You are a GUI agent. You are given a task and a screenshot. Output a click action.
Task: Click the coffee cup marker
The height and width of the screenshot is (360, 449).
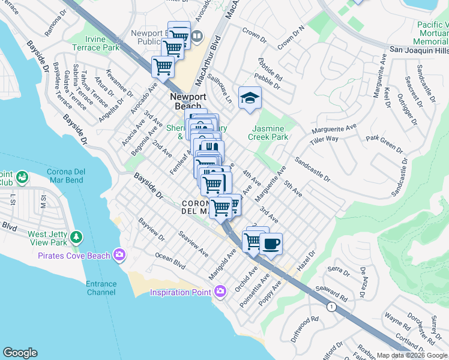271,243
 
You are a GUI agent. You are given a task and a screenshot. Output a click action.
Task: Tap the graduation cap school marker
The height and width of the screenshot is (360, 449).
250,98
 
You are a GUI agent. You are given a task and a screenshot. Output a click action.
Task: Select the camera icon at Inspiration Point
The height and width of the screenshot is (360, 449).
220,292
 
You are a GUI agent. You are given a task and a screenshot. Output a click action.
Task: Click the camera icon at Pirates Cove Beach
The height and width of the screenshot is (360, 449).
120,256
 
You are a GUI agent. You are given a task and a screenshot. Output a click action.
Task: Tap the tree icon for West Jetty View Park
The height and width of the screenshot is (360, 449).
76,237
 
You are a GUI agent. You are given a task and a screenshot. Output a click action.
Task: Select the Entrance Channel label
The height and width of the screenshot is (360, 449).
100,288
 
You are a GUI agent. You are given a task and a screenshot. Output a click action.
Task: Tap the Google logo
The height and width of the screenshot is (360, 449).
20,353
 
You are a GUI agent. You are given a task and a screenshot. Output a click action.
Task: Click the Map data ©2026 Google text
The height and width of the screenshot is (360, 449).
412,355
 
